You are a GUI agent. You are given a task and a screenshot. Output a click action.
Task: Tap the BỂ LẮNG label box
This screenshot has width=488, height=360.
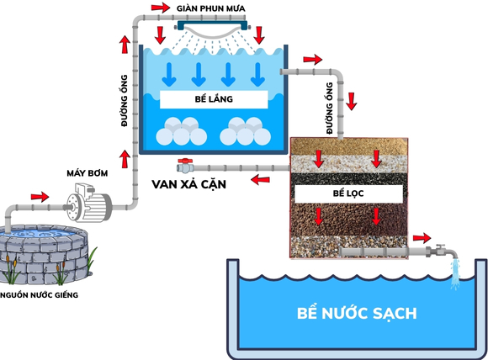213,98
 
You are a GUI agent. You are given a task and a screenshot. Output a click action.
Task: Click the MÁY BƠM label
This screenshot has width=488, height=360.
85,173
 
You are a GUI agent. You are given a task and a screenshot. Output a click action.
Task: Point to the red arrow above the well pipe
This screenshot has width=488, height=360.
39,196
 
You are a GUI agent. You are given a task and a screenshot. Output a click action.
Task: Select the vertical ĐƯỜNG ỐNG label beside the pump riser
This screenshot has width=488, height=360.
124,105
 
